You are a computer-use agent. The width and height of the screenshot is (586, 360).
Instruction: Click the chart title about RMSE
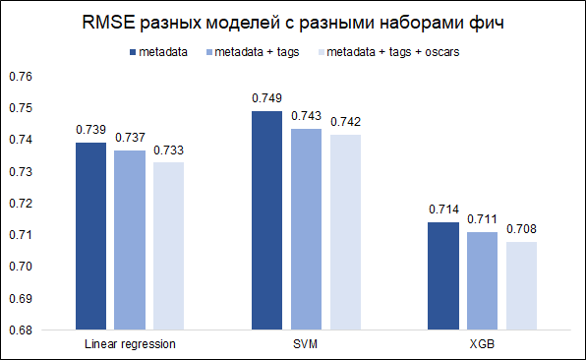[x=293, y=23]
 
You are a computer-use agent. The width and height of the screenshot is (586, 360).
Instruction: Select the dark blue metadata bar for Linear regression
[x=91, y=236]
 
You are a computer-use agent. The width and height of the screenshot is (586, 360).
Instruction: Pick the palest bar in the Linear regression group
[x=168, y=245]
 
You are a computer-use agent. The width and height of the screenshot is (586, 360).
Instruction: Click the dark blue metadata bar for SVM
[x=265, y=220]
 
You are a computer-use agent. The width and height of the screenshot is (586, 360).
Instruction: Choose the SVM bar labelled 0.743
[x=306, y=229]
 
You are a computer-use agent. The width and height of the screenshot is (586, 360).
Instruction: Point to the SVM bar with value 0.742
[x=344, y=231]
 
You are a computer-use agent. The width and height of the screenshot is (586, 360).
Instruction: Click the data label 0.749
[x=266, y=98]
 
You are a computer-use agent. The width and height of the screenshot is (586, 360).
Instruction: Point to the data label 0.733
[x=168, y=150]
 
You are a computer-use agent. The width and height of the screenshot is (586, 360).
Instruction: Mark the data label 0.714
[x=443, y=210]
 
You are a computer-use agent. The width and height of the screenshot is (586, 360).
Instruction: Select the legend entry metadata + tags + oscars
[x=392, y=51]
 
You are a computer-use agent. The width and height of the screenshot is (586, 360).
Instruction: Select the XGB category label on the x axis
[x=482, y=345]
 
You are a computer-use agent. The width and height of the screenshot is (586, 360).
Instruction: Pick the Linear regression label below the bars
[x=130, y=345]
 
